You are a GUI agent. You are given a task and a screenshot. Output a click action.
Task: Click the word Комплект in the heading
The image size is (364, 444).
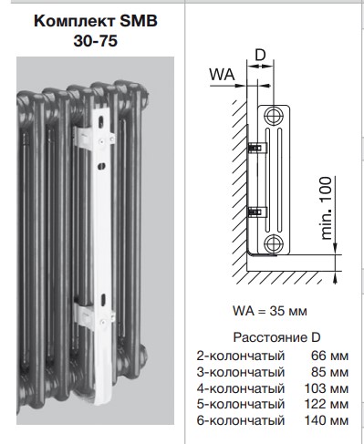(x=75, y=22)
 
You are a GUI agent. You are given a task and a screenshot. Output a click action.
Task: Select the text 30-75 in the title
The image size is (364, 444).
(x=96, y=41)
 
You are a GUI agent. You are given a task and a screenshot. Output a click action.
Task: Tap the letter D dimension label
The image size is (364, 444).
(x=260, y=56)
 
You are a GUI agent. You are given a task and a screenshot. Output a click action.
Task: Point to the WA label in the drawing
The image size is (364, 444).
(x=222, y=74)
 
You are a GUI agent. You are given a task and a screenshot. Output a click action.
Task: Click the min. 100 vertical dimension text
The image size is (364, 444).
(x=327, y=208)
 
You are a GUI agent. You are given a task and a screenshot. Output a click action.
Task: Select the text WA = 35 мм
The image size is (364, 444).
(x=270, y=311)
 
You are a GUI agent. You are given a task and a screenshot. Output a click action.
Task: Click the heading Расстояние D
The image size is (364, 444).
(x=276, y=337)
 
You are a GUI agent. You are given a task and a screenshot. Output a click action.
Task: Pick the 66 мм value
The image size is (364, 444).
(x=330, y=356)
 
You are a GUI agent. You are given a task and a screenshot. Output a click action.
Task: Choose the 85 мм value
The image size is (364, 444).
(x=330, y=372)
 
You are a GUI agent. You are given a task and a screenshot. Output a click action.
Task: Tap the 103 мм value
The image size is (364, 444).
(x=327, y=388)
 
